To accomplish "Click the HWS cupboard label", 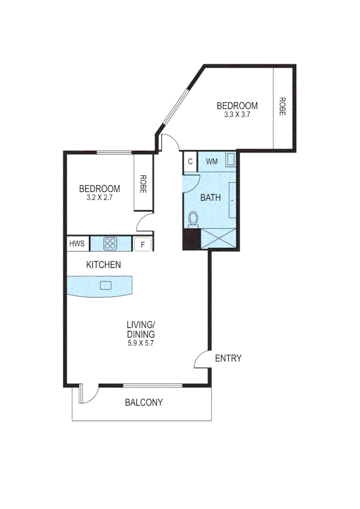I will (77, 244).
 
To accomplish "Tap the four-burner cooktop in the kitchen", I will (110, 244).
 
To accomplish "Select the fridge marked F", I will (143, 245).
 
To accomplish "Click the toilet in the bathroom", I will (193, 219).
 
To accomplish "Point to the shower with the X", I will (218, 238).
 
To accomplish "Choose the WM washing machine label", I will (212, 161).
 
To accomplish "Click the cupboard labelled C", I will (190, 161).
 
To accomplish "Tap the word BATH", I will (210, 198).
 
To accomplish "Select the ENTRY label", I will (228, 358).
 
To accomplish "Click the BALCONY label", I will (144, 402).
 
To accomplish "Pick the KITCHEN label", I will (103, 265).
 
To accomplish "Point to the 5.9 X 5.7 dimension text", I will (140, 343).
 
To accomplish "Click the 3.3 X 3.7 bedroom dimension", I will (237, 115).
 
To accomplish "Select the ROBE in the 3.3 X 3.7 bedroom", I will (282, 107).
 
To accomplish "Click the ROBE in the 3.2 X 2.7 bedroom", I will (142, 184).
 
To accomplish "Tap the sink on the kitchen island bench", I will (106, 285).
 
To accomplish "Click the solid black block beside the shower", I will (191, 238).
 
